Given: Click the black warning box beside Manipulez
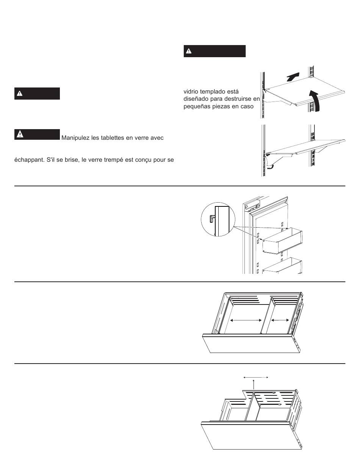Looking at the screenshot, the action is coord(37,134).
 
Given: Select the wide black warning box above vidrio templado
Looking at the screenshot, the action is coord(214,51).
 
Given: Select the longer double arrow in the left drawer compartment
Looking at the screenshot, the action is coord(246,320).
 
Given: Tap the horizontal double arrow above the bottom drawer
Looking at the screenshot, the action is coord(255,377).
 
